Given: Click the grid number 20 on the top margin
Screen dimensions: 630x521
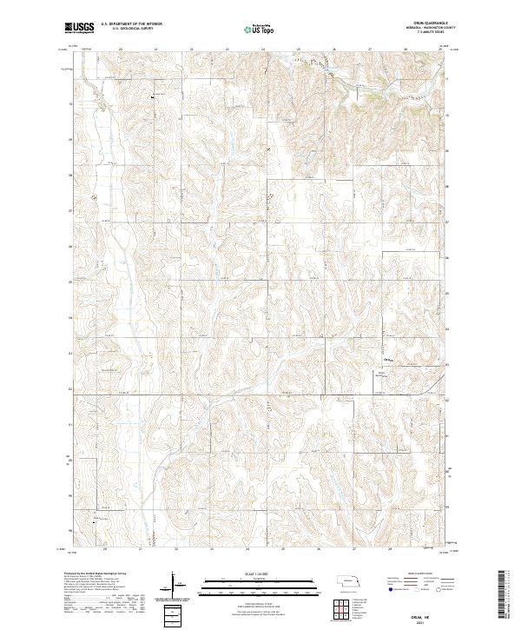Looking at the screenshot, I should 121,50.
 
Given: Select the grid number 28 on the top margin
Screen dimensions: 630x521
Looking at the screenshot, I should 406,50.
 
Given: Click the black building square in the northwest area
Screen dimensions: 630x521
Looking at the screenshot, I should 154,98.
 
